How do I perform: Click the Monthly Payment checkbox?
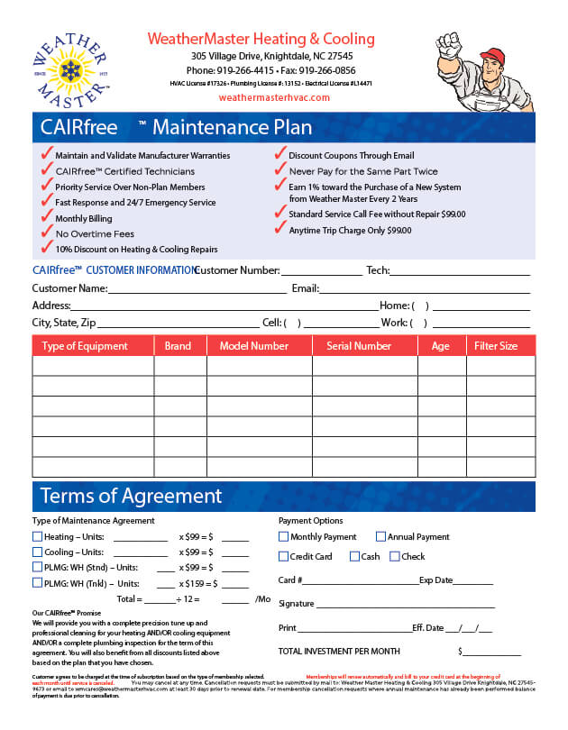284,537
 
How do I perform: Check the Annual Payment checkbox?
380,537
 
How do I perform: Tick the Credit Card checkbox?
284,557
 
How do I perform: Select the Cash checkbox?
354,557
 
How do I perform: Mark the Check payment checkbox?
395,557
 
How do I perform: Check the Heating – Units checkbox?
37,537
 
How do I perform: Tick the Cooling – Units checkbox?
37,552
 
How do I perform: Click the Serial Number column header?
359,346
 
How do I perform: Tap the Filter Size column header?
496,346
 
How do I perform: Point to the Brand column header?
179,346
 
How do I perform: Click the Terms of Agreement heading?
131,497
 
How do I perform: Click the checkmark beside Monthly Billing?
47,217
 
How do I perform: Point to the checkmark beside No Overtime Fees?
47,233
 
